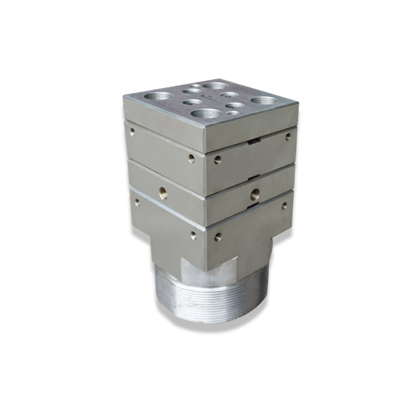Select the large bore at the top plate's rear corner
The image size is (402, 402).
tap(215, 85)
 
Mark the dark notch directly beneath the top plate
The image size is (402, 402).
tap(255, 142)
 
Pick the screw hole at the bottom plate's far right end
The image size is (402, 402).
tap(284, 205)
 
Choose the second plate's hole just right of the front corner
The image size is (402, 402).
tap(218, 160)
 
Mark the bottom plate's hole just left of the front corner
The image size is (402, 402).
tap(193, 235)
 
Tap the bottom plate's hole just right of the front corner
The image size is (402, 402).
tap(218, 235)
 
